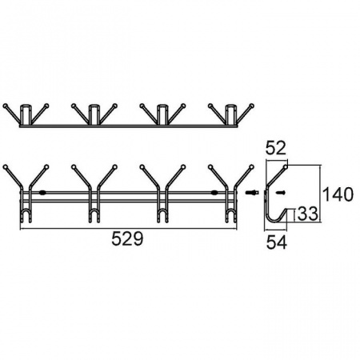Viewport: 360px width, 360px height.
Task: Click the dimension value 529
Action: tap(127, 238)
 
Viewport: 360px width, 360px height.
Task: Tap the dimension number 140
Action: tap(338, 194)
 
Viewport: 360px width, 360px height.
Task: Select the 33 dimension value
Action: tap(307, 214)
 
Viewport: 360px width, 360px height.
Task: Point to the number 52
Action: tap(276, 148)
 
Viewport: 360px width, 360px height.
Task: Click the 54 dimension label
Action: tap(277, 242)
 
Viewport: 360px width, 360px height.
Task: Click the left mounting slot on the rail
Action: tap(42, 193)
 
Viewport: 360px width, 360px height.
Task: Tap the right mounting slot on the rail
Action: tap(214, 193)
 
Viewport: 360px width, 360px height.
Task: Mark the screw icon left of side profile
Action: tap(251, 192)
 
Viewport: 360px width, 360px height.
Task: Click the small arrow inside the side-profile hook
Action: tap(280, 192)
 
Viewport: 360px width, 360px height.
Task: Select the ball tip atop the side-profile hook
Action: tap(286, 167)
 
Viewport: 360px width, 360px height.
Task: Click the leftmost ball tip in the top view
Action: tap(6, 106)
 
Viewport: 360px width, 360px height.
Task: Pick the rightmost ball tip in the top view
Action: tap(252, 106)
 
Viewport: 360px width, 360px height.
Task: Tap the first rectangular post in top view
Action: tap(26, 114)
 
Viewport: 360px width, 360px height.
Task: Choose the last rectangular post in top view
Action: tap(231, 114)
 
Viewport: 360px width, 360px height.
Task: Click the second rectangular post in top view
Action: tap(94, 114)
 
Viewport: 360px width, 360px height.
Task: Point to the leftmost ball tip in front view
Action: tap(6, 167)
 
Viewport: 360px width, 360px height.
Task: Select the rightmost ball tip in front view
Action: tap(252, 167)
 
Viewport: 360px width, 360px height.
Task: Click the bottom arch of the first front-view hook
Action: tap(26, 210)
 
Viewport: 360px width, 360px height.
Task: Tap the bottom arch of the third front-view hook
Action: tap(162, 210)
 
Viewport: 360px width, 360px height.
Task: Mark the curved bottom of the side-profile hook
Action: tap(274, 221)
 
